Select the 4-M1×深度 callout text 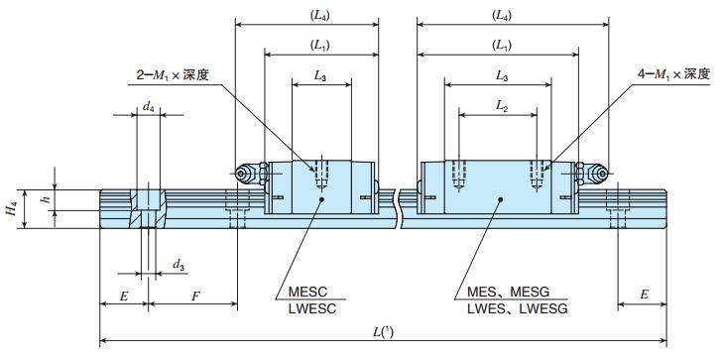[x=673, y=75]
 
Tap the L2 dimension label [x=502, y=106]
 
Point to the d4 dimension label [x=148, y=105]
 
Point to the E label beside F [x=124, y=296]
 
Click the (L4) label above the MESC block [x=306, y=16]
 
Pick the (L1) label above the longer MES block [x=502, y=45]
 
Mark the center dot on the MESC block [x=320, y=198]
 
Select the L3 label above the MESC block [x=320, y=75]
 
